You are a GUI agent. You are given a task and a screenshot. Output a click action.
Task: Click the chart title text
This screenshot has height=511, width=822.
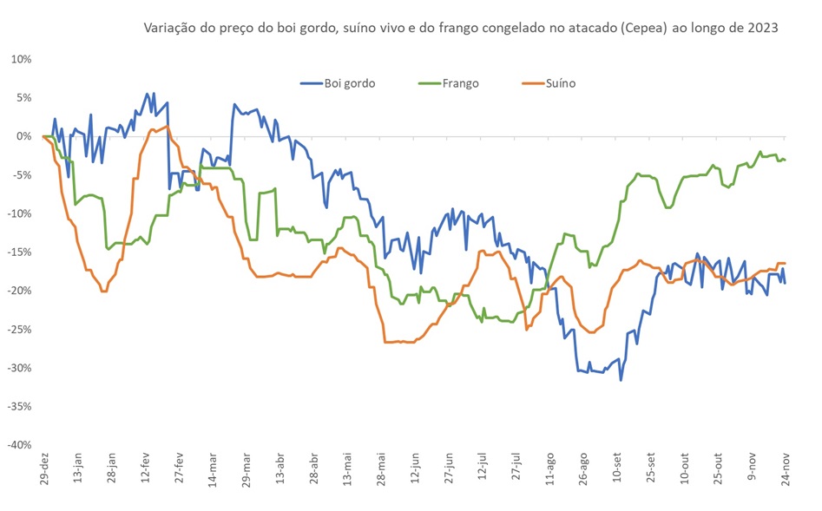tap(460, 28)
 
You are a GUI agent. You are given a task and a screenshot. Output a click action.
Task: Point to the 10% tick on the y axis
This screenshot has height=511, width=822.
tap(21, 60)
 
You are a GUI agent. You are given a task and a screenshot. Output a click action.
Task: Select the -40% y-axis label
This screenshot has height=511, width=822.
tap(18, 444)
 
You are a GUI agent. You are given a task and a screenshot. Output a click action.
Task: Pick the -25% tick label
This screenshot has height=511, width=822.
tap(18, 329)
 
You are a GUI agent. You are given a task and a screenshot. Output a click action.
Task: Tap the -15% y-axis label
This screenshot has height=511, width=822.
tap(18, 252)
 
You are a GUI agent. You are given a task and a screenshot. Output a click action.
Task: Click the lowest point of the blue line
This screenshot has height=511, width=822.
tap(621, 380)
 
